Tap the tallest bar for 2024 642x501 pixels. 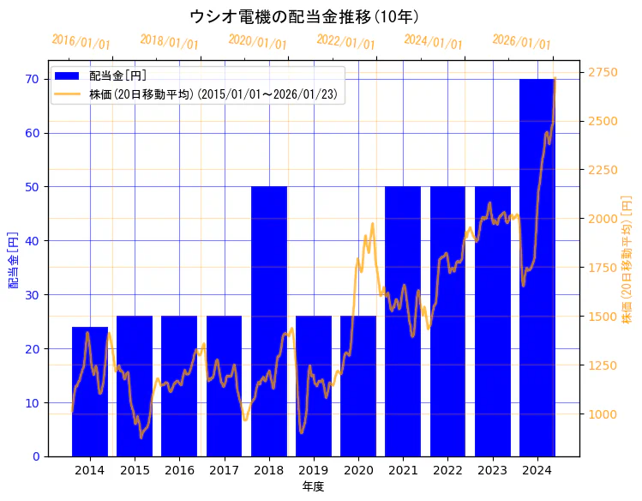pyautogui.click(x=537, y=267)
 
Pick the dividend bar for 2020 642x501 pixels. pyautogui.click(x=358, y=386)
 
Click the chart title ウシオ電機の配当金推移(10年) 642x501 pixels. pyautogui.click(x=304, y=16)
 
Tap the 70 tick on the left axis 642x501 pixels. pyautogui.click(x=33, y=79)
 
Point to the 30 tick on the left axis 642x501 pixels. pyautogui.click(x=33, y=294)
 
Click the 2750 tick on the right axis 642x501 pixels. pyautogui.click(x=603, y=72)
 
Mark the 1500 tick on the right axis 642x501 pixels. pyautogui.click(x=603, y=317)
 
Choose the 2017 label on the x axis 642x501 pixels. pyautogui.click(x=224, y=470)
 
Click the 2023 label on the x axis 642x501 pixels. pyautogui.click(x=492, y=470)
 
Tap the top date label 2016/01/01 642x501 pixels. pyautogui.click(x=81, y=42)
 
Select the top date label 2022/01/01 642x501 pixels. pyautogui.click(x=345, y=42)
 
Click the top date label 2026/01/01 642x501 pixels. pyautogui.click(x=521, y=42)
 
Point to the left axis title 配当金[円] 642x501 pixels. pyautogui.click(x=13, y=259)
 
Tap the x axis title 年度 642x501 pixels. pyautogui.click(x=313, y=486)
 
